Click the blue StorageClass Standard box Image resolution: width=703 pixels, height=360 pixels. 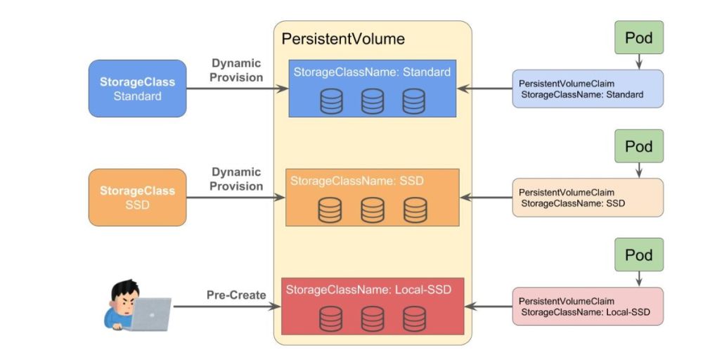(x=137, y=89)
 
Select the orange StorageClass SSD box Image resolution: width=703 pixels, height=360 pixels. (x=137, y=198)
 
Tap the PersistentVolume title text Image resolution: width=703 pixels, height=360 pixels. (x=343, y=39)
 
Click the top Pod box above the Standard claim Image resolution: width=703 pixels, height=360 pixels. (x=639, y=37)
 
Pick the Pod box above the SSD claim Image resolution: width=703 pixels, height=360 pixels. (x=639, y=146)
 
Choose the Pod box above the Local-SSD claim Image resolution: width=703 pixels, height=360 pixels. (x=639, y=255)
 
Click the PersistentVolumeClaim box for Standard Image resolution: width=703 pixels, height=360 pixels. (x=588, y=89)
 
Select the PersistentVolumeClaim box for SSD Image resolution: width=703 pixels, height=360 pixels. (x=588, y=198)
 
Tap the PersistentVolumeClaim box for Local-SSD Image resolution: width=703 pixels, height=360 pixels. (x=588, y=306)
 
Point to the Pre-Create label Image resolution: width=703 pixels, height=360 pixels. (x=236, y=295)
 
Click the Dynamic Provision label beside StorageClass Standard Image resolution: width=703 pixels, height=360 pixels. (x=236, y=70)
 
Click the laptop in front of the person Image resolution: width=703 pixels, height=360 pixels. (x=150, y=314)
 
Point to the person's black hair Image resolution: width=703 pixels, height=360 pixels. (x=125, y=290)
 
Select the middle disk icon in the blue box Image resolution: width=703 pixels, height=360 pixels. (x=373, y=101)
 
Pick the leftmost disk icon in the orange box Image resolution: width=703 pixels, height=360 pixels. (x=330, y=210)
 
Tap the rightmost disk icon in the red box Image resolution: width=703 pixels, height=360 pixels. (x=414, y=319)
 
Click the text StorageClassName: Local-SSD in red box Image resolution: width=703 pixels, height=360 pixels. (x=368, y=290)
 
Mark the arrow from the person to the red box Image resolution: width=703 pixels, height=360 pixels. (x=227, y=307)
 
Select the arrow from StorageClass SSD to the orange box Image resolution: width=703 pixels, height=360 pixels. (x=236, y=198)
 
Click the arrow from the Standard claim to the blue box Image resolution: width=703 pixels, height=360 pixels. (x=484, y=89)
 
